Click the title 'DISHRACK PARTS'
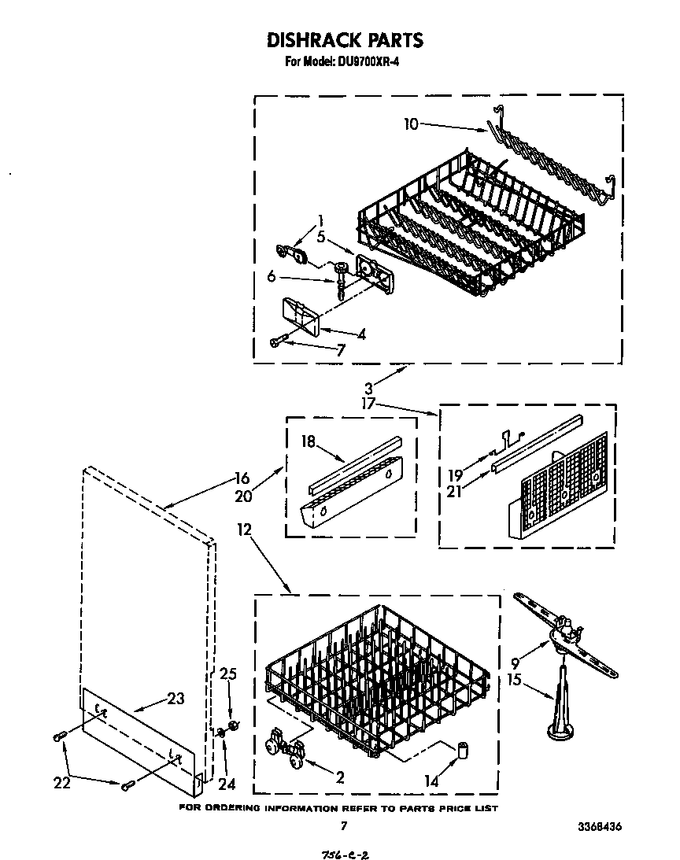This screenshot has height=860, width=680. pyautogui.click(x=345, y=40)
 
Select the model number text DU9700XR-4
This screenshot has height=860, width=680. pyautogui.click(x=368, y=64)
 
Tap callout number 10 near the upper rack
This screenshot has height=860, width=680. pyautogui.click(x=412, y=123)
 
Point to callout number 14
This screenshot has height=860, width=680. pyautogui.click(x=431, y=783)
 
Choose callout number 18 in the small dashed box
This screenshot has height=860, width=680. pyautogui.click(x=308, y=442)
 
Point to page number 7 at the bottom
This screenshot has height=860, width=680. pyautogui.click(x=343, y=825)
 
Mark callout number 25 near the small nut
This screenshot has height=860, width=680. pyautogui.click(x=227, y=674)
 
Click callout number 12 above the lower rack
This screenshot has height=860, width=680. pyautogui.click(x=245, y=531)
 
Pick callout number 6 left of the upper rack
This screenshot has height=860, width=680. pyautogui.click(x=272, y=275)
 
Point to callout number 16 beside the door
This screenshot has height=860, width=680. pyautogui.click(x=242, y=477)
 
